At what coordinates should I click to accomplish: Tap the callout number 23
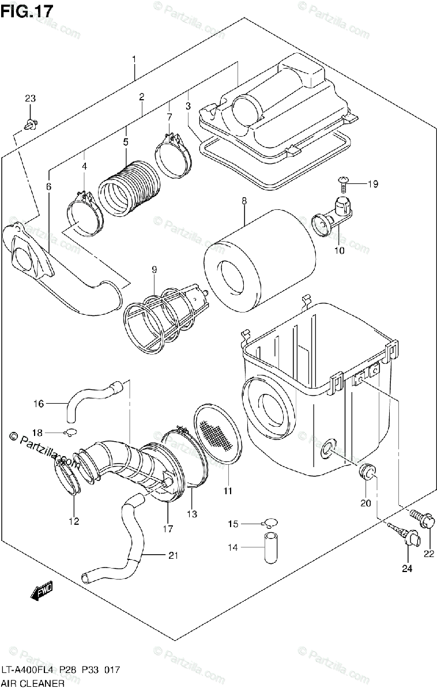tap(31, 99)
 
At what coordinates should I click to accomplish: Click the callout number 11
tap(228, 491)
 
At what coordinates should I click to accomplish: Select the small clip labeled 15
tap(268, 524)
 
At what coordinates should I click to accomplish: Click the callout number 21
tap(173, 555)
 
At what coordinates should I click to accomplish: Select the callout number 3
tap(188, 106)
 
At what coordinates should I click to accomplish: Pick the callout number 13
tap(191, 514)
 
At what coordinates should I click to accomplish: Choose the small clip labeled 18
tap(70, 432)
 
